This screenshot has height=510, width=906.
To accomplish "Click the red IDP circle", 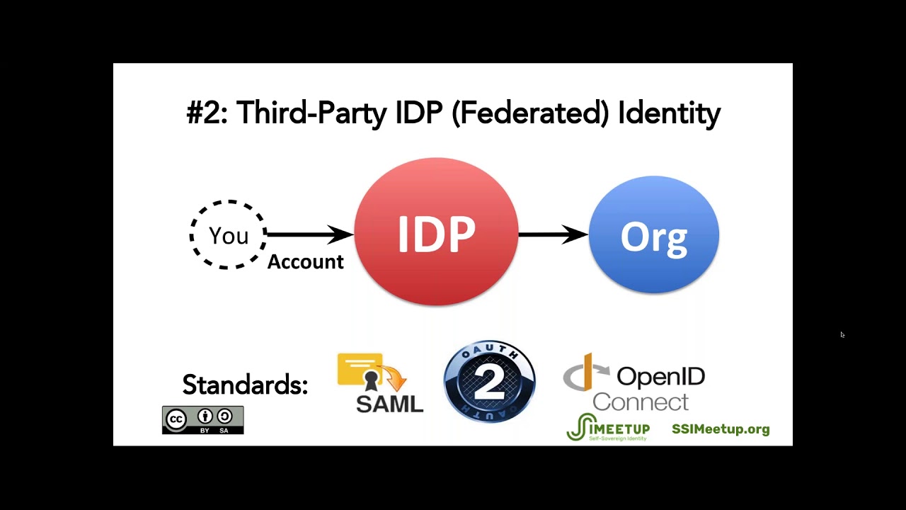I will point(436,232).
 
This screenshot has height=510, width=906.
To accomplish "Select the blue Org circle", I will point(653,235).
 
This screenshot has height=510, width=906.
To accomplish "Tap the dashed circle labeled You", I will point(228,235).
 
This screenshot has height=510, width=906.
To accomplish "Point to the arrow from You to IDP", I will point(310,234).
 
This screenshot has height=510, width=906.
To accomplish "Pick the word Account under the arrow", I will point(305,262).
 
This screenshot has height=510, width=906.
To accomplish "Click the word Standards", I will point(245,385).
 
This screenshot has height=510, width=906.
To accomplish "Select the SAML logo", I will point(380,383).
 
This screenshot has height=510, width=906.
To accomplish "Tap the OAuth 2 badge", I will point(489,382).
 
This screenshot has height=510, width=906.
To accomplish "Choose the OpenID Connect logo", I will point(635,382).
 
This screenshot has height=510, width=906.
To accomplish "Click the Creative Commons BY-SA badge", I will point(202,420).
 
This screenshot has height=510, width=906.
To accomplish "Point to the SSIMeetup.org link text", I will point(721,429).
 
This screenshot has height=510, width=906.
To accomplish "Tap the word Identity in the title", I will point(669,113).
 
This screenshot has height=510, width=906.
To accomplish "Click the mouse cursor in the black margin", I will point(842,335).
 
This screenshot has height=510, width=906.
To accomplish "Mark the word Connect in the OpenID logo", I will point(640,402).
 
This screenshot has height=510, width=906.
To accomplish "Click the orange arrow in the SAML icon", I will point(395,378).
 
